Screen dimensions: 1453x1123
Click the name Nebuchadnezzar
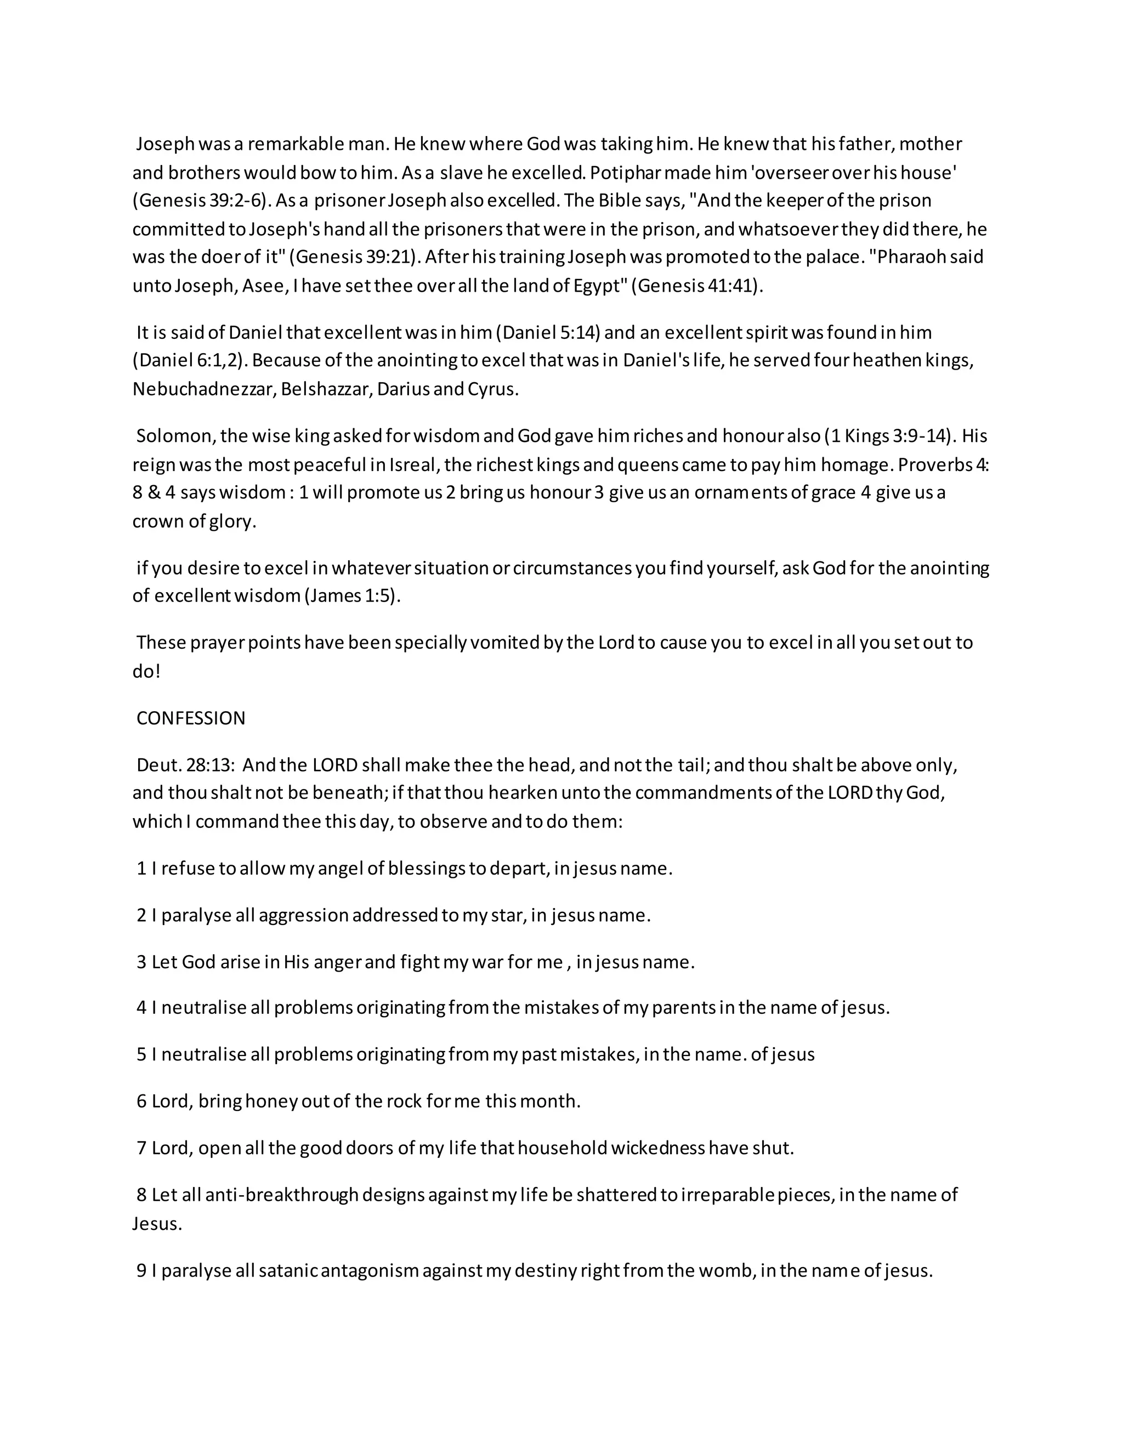pyautogui.click(x=203, y=389)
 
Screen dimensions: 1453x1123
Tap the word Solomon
pyautogui.click(x=174, y=436)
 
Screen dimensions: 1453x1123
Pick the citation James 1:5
pyautogui.click(x=352, y=595)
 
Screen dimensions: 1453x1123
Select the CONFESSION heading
pyautogui.click(x=191, y=718)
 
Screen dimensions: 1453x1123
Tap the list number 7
pyautogui.click(x=141, y=1148)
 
